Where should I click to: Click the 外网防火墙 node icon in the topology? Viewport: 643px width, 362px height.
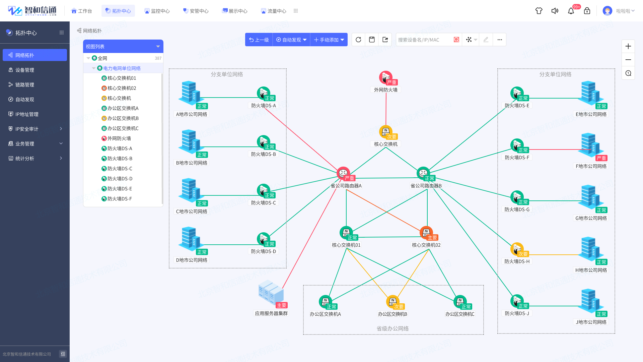[x=386, y=77]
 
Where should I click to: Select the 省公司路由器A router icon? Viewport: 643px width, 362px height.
[x=343, y=173]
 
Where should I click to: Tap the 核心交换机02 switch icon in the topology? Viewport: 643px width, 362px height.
[x=426, y=233]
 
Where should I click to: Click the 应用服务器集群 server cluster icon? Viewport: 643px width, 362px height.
[x=271, y=292]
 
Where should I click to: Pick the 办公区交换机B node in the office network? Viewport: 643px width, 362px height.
[x=393, y=302]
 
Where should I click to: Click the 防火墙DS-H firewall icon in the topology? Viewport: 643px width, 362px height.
[x=517, y=249]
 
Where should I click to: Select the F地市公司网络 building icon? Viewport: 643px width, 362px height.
[x=591, y=145]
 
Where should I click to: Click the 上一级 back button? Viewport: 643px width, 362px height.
[x=259, y=40]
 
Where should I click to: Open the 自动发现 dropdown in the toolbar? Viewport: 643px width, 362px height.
[x=291, y=40]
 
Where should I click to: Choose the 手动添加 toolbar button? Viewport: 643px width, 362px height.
[x=329, y=40]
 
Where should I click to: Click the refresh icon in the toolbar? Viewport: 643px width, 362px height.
[x=358, y=40]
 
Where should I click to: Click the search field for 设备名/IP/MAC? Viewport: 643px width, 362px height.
[x=425, y=40]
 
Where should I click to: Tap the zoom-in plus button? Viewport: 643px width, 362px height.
[x=628, y=46]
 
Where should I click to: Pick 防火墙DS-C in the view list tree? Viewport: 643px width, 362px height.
[x=120, y=169]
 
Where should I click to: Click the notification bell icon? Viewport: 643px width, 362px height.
[x=571, y=11]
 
